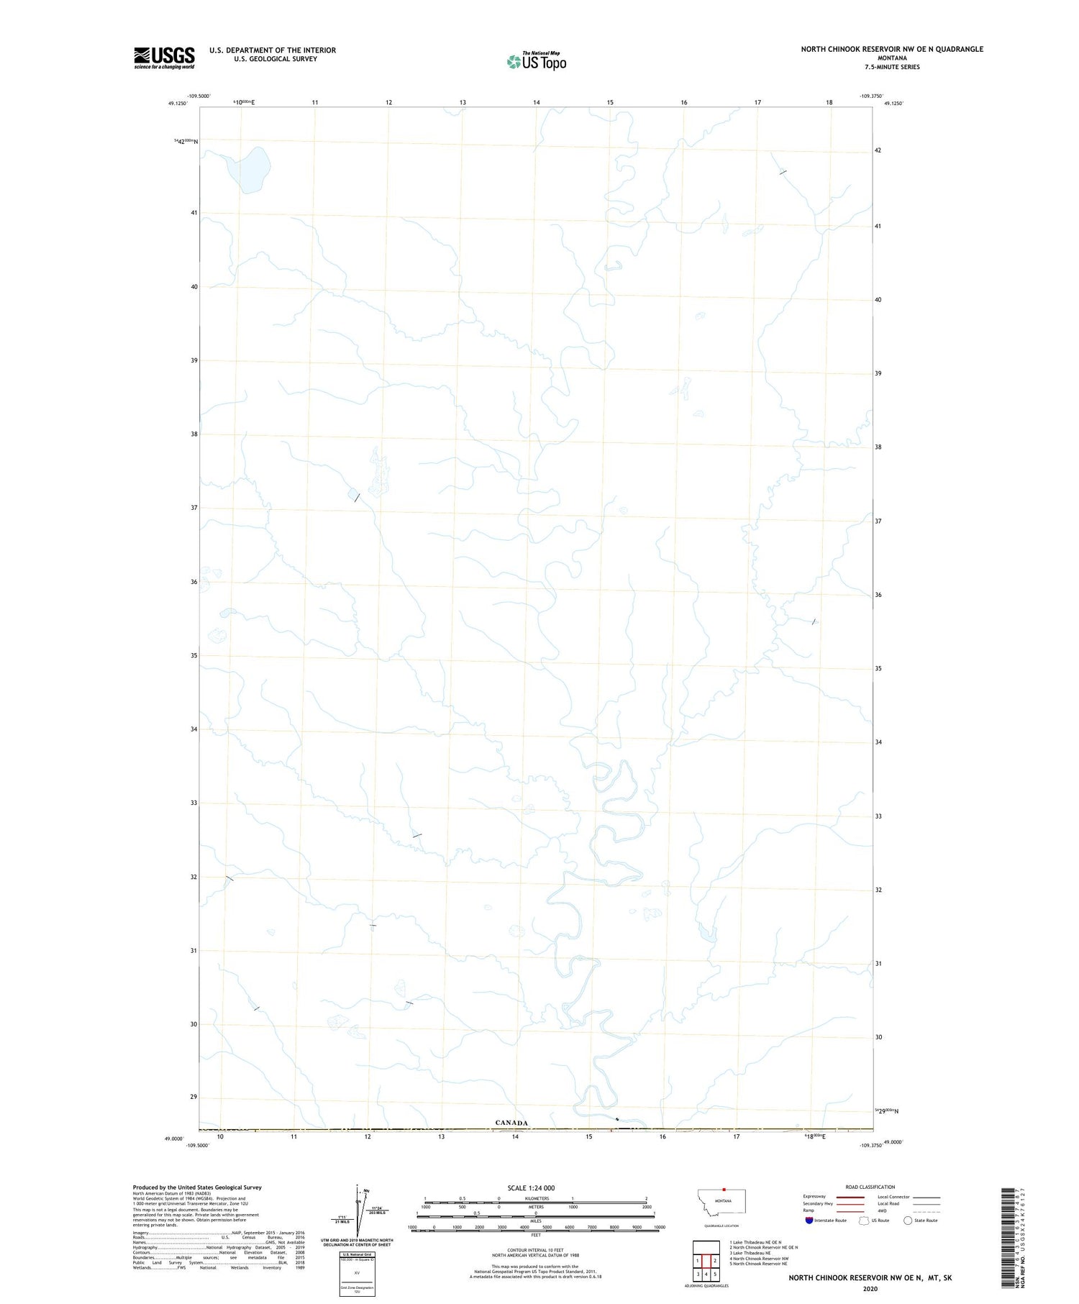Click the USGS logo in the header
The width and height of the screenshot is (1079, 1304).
[164, 58]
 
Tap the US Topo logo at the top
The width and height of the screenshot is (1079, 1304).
[537, 61]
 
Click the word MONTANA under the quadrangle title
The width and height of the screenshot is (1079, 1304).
[892, 58]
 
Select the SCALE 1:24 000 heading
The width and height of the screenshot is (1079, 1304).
[532, 1188]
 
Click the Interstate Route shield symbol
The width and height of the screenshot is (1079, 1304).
[809, 1221]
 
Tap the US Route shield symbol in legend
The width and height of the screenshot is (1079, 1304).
[864, 1221]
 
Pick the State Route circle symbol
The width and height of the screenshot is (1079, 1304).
[908, 1221]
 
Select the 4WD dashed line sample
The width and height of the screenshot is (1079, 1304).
[927, 1211]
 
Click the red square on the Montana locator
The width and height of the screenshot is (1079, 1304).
[724, 1190]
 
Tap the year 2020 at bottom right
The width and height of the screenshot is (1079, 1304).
[870, 1288]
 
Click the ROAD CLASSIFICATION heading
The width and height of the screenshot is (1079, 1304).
[870, 1187]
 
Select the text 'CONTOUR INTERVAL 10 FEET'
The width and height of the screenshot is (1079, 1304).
[536, 1251]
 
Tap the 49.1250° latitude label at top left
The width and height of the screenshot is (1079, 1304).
[178, 104]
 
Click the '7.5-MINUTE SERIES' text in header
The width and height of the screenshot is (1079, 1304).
[892, 67]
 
